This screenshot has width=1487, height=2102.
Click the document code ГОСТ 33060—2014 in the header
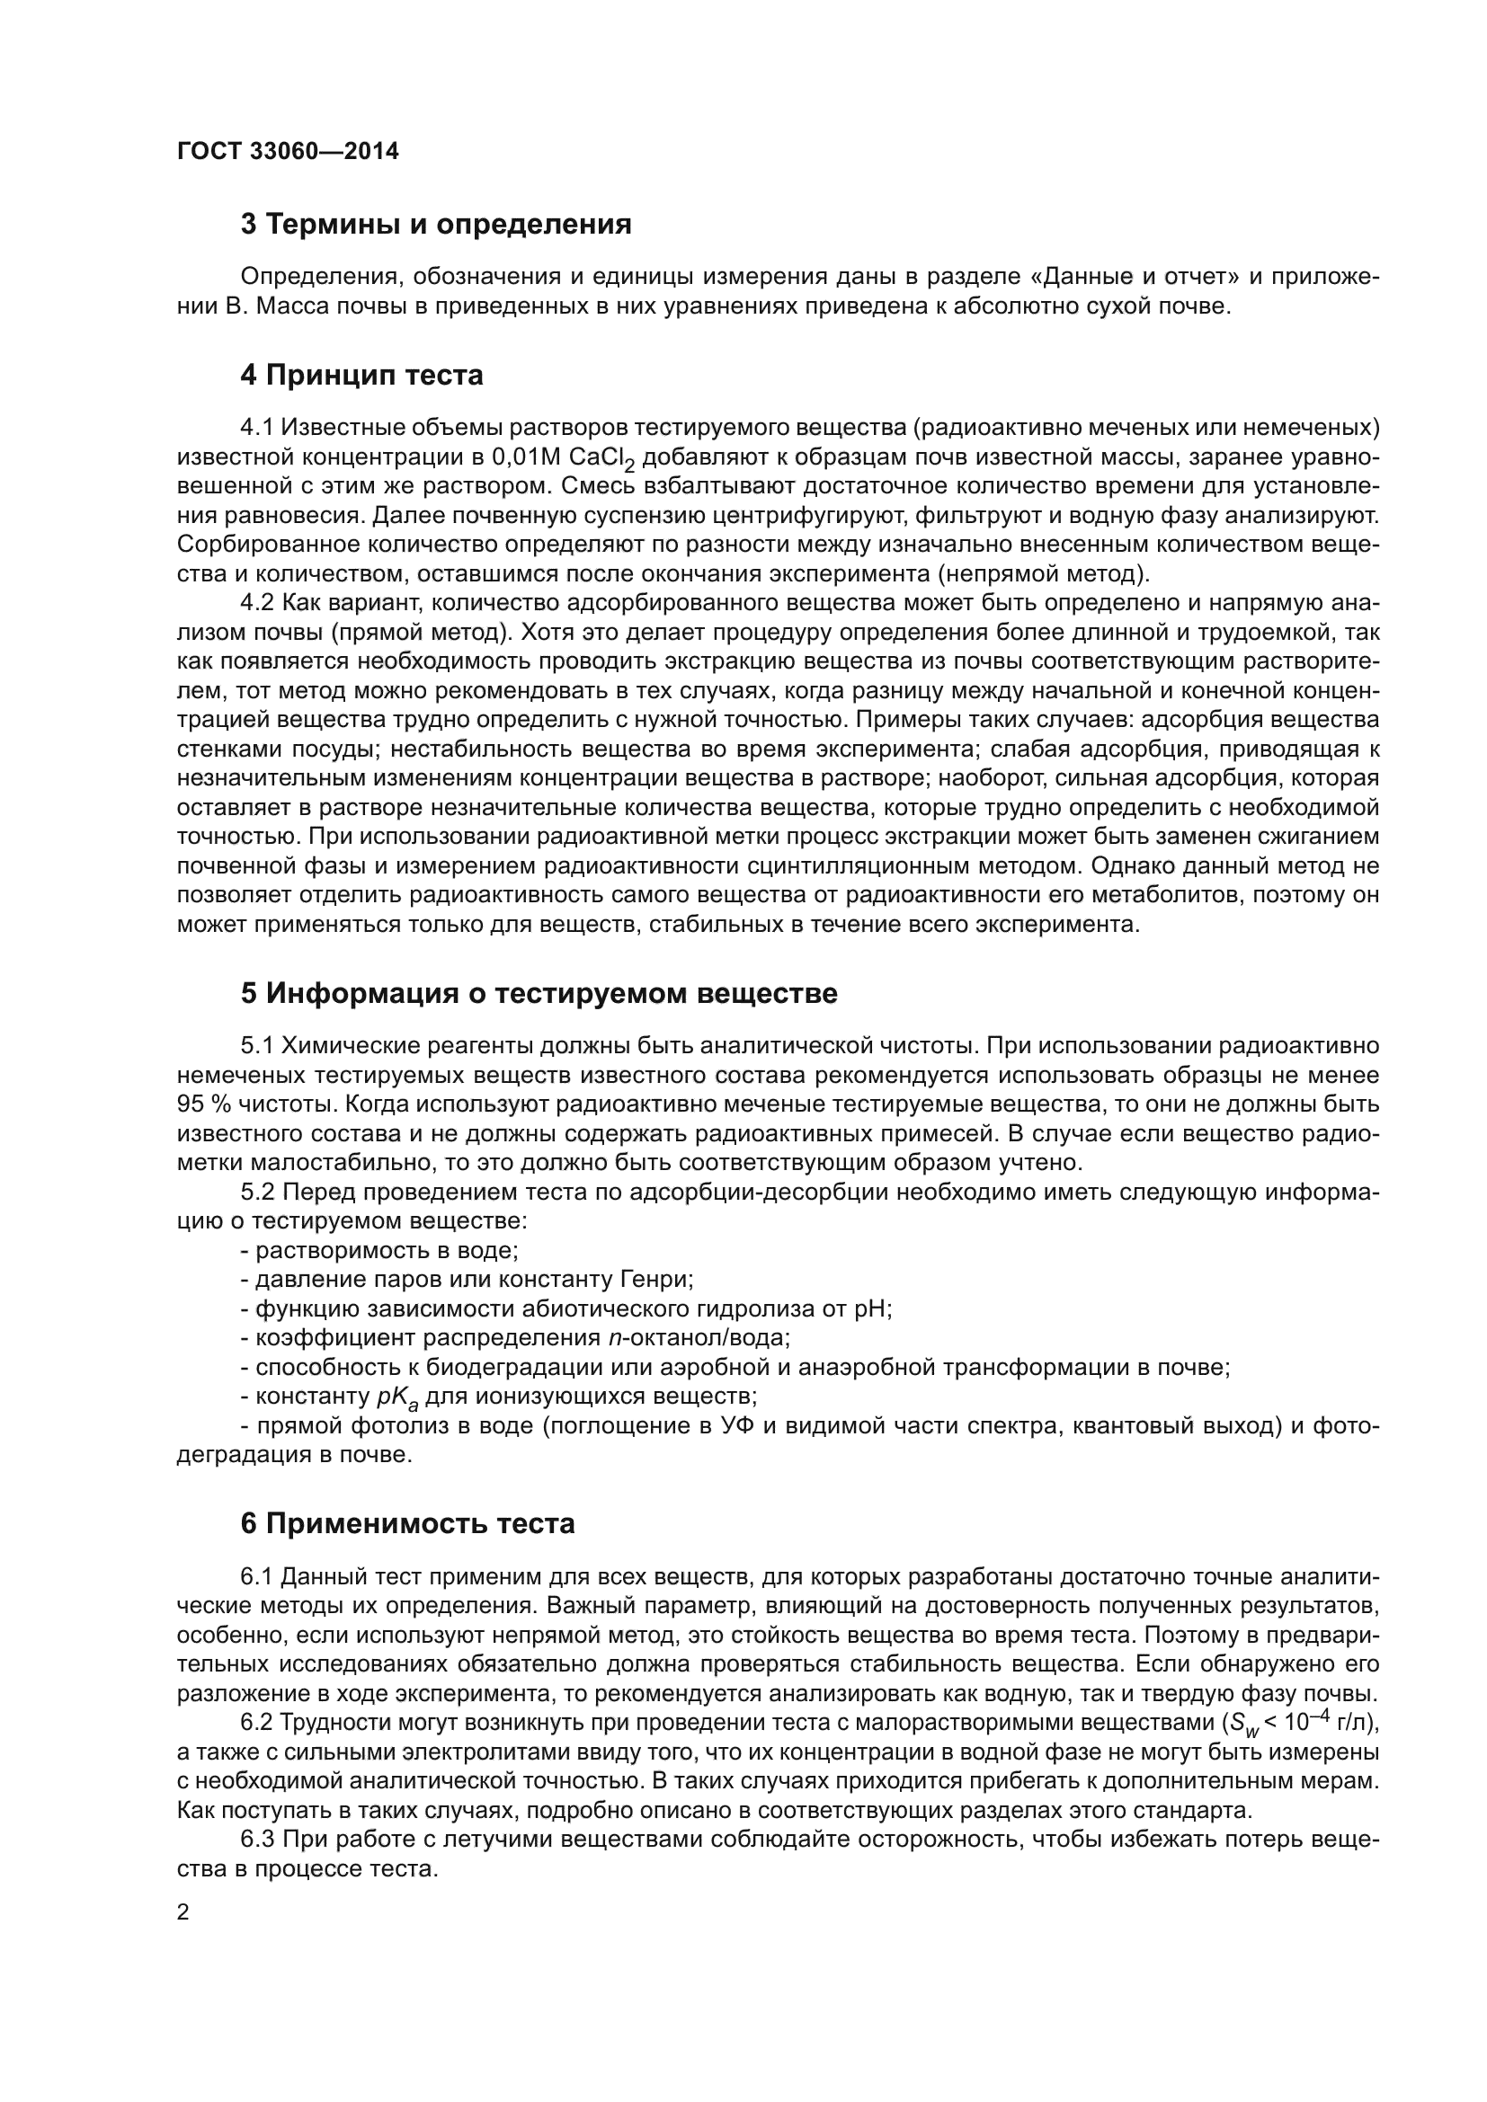(x=288, y=151)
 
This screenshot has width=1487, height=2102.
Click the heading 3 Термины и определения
(x=436, y=224)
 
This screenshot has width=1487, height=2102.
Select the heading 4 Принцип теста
(x=361, y=376)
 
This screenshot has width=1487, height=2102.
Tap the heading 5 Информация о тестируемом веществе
(x=539, y=993)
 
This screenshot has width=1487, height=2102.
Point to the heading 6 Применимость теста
(x=407, y=1523)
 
